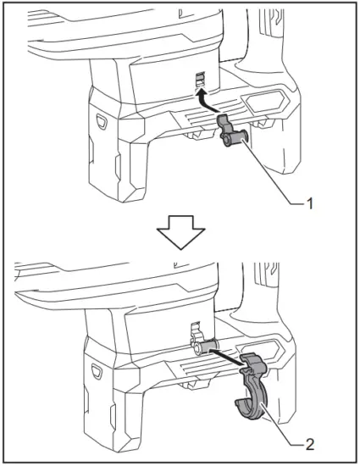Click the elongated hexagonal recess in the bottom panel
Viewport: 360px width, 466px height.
[263, 347]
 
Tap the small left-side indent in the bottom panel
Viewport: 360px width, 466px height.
[96, 370]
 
